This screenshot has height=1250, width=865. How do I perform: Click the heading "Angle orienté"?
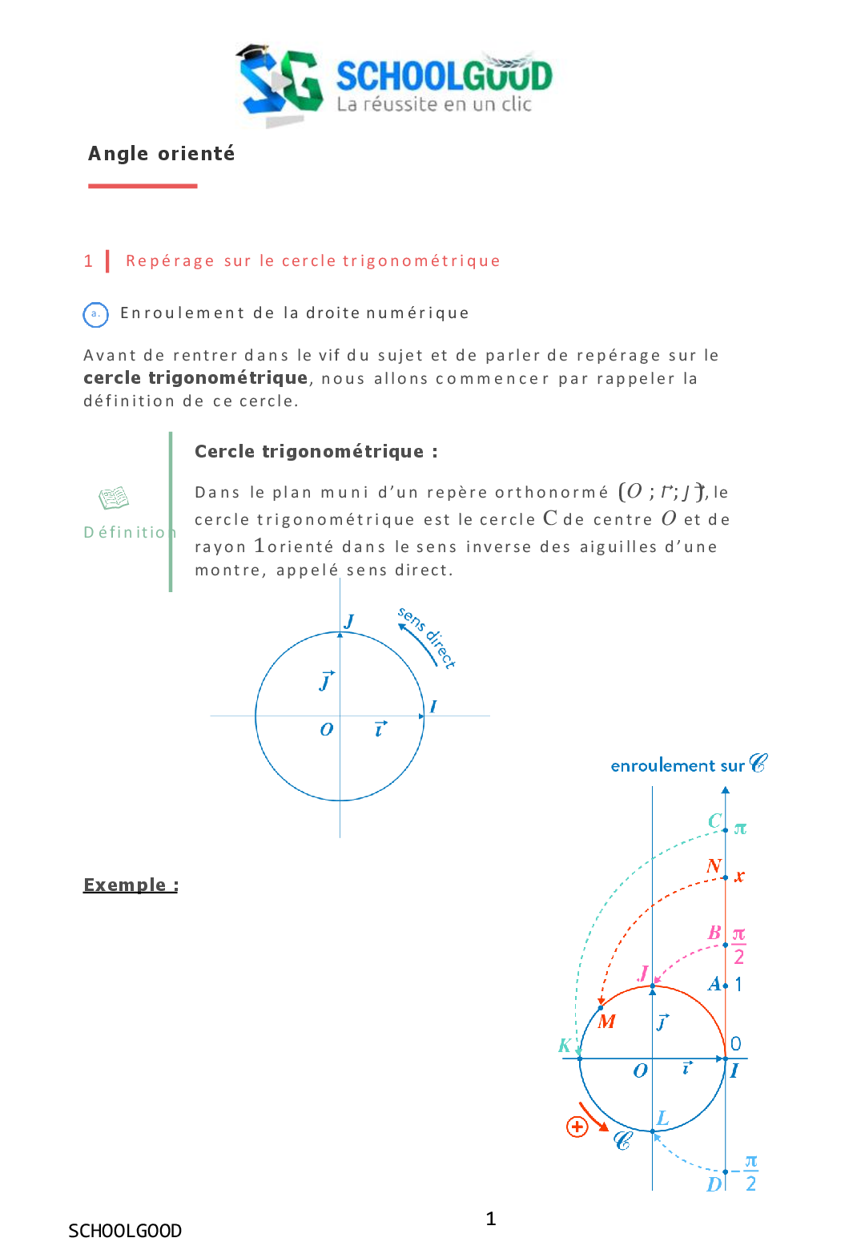click(161, 154)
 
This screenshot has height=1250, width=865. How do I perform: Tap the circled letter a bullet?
click(95, 314)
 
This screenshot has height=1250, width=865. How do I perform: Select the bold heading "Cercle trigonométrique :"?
click(316, 452)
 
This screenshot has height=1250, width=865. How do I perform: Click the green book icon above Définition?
click(113, 498)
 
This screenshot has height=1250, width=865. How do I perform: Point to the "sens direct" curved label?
click(428, 638)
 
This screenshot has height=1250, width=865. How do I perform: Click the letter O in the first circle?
click(326, 730)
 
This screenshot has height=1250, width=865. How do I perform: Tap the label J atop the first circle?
click(349, 621)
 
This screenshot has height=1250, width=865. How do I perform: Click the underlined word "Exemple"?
click(131, 885)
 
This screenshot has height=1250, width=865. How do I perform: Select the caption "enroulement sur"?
click(678, 766)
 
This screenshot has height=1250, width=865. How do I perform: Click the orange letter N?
click(714, 866)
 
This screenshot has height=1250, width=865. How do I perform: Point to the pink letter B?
click(714, 933)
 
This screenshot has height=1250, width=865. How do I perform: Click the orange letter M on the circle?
click(607, 1022)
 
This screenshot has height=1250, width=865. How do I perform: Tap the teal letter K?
click(565, 1046)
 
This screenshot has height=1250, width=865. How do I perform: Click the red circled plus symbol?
click(577, 1127)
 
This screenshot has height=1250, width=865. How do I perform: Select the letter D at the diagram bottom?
click(714, 1184)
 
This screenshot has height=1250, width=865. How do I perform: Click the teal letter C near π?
click(715, 821)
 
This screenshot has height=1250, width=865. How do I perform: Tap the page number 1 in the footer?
click(491, 1219)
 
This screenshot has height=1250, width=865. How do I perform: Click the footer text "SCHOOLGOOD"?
click(125, 1231)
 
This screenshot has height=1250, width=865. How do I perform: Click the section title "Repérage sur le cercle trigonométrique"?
click(312, 261)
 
